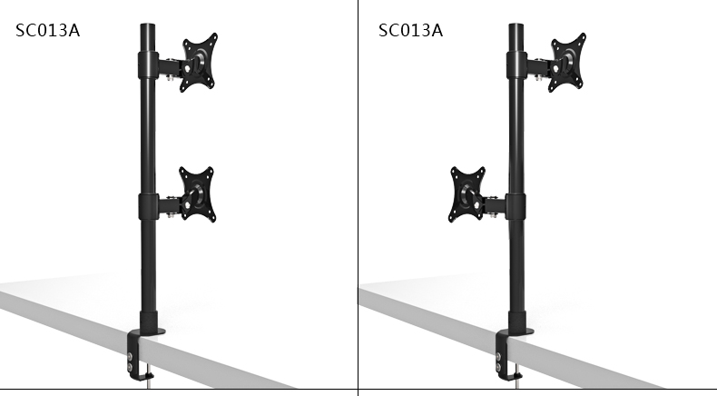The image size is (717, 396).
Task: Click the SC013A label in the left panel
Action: pyautogui.click(x=47, y=31)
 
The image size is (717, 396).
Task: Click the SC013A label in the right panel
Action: pyautogui.click(x=410, y=31)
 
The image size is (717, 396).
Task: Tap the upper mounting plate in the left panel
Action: pyautogui.click(x=200, y=63)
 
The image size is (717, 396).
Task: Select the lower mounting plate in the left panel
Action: pyautogui.click(x=197, y=194)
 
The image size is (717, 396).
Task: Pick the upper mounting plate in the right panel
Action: pyautogui.click(x=567, y=63)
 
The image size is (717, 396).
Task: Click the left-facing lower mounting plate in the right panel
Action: pyautogui.click(x=467, y=194)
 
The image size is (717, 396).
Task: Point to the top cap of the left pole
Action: pyautogui.click(x=148, y=26)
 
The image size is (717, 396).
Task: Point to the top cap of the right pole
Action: pyautogui.click(x=516, y=26)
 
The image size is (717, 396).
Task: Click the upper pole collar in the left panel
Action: pyautogui.click(x=148, y=65)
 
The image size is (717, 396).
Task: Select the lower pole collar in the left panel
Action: pyautogui.click(x=148, y=207)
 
